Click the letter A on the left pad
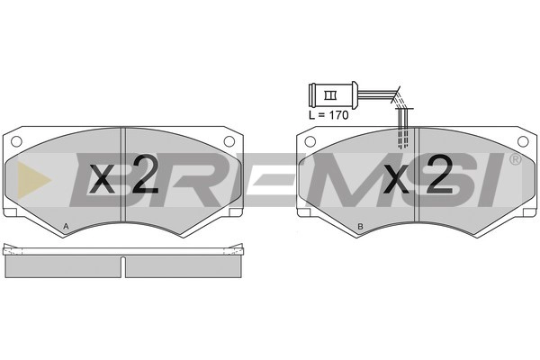[66, 226]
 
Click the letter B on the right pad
[360, 226]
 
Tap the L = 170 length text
[328, 115]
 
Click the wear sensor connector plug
[333, 95]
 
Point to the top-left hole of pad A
[16, 141]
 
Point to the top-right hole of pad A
[229, 141]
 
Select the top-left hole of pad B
[310, 141]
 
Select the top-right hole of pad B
[523, 141]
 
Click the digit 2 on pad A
[145, 174]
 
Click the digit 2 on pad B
[439, 174]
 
